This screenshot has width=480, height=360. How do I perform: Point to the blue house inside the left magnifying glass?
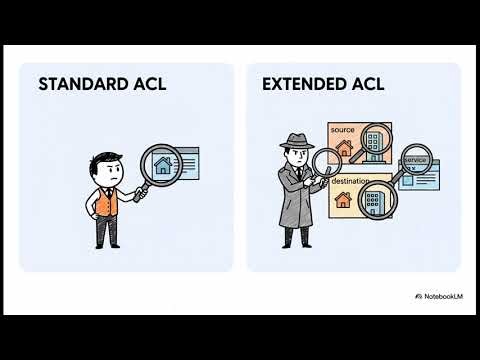coord(162,162)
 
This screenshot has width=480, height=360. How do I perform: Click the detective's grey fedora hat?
coord(299,141)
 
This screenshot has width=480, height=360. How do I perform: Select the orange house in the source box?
coord(346,149)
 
